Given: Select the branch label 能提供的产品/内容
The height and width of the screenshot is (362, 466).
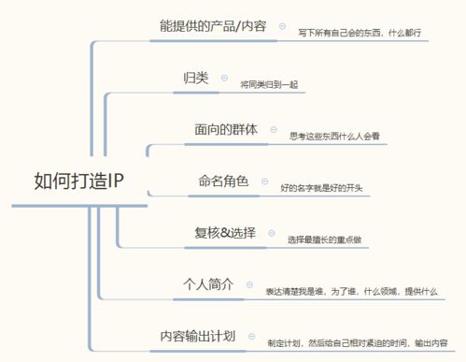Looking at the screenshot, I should pyautogui.click(x=214, y=26).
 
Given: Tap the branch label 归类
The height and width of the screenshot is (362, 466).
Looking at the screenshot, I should pyautogui.click(x=194, y=76).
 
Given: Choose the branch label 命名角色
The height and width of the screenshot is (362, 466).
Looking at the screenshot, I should pyautogui.click(x=223, y=181).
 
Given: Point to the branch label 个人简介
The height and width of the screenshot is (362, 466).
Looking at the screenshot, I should pyautogui.click(x=206, y=283).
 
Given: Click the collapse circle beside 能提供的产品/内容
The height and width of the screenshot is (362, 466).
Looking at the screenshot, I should pyautogui.click(x=282, y=26).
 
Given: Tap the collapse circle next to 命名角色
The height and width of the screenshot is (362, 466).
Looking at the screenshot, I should pyautogui.click(x=264, y=181).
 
